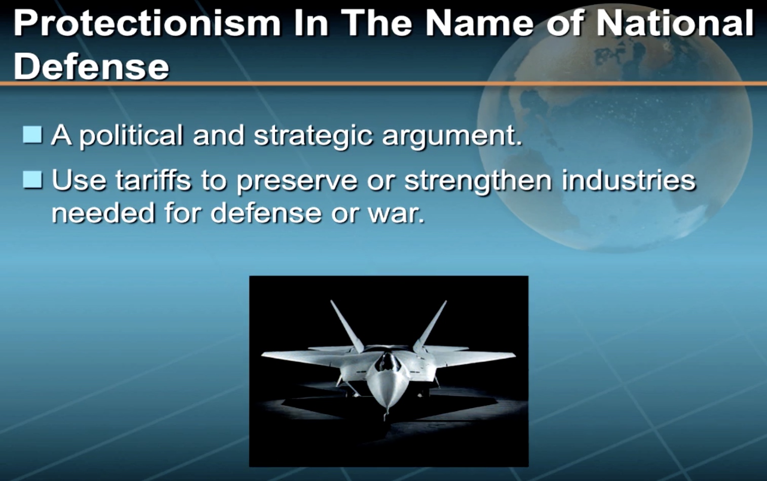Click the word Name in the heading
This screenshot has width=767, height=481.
(479, 23)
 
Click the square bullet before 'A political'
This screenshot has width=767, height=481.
(32, 135)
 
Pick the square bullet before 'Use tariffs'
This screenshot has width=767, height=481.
(32, 180)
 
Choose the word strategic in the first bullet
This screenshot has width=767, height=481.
(313, 137)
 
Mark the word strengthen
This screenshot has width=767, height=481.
(478, 181)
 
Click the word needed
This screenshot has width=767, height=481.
(103, 213)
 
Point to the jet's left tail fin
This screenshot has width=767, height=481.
(347, 327)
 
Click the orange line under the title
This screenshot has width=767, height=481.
(383, 84)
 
